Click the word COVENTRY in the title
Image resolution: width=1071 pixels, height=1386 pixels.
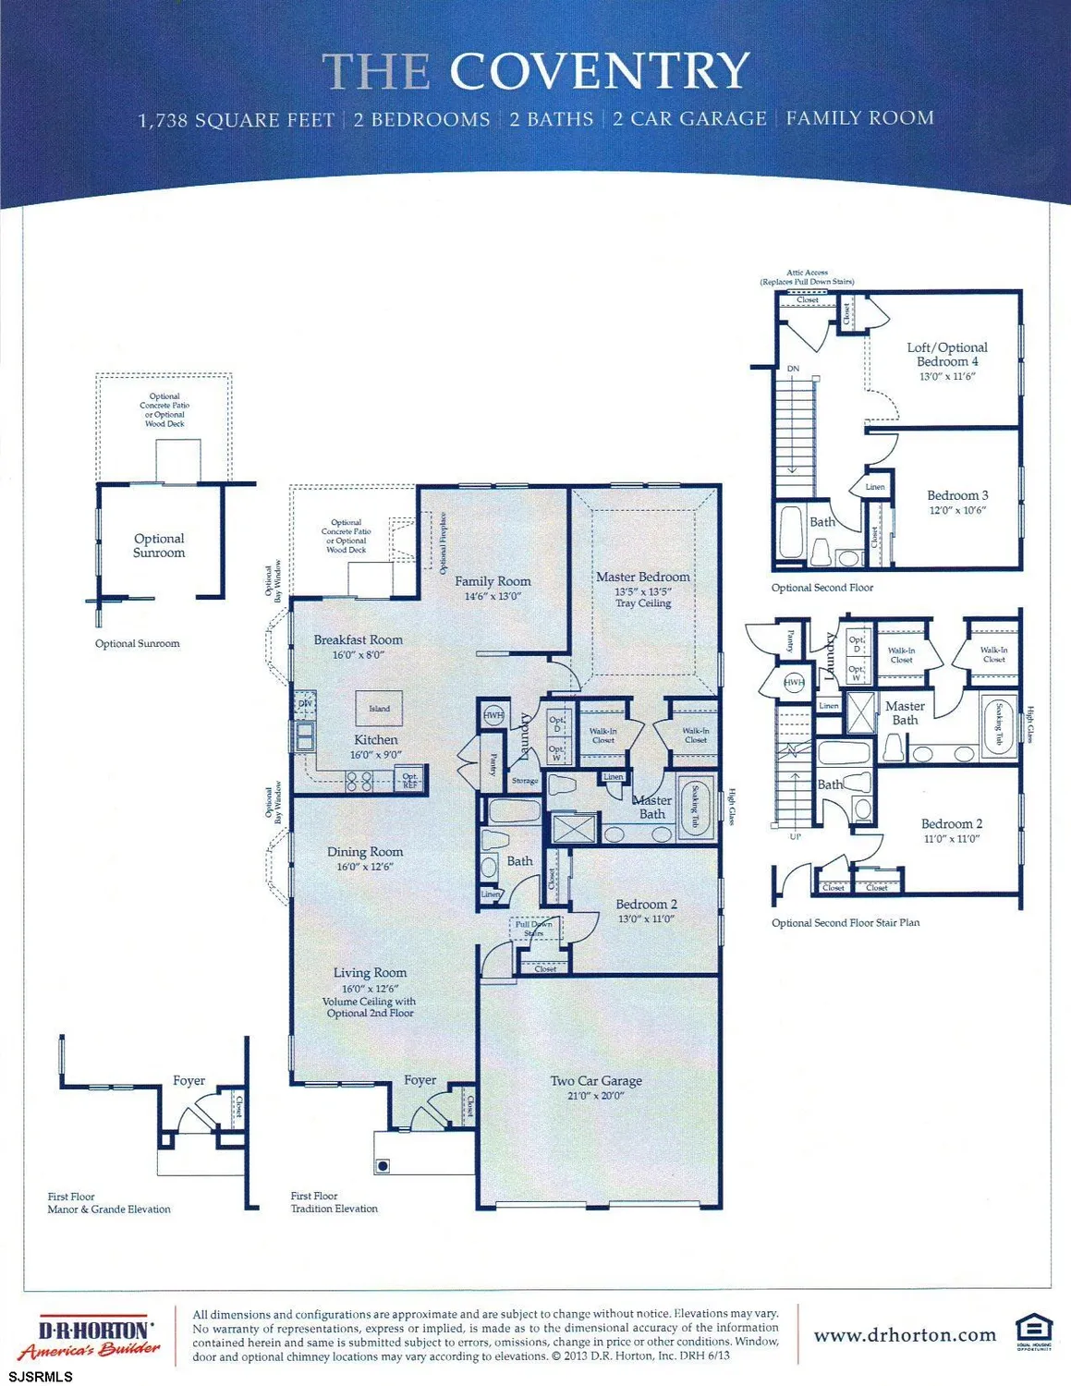click(x=599, y=71)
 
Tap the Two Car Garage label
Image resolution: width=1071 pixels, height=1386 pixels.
click(x=596, y=1080)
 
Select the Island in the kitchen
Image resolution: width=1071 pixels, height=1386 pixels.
click(x=379, y=709)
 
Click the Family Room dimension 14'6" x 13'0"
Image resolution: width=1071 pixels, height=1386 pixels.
click(x=493, y=596)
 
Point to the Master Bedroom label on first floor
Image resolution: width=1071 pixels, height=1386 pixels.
click(x=642, y=577)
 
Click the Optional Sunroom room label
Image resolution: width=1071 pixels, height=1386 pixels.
click(x=159, y=545)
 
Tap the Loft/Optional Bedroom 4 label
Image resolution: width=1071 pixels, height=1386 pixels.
click(x=947, y=354)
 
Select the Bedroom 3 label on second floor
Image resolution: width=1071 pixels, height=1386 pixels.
click(x=957, y=495)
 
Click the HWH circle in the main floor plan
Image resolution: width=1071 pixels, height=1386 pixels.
click(x=493, y=715)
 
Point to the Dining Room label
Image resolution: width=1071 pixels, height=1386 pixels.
click(x=365, y=852)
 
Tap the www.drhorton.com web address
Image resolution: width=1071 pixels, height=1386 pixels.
click(x=905, y=1335)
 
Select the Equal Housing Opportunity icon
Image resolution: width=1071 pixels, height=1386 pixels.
click(x=1033, y=1333)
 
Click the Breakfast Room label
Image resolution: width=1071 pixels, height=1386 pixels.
click(x=358, y=639)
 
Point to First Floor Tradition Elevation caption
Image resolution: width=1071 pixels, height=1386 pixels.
click(x=334, y=1202)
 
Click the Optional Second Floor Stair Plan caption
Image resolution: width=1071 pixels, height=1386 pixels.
click(x=845, y=922)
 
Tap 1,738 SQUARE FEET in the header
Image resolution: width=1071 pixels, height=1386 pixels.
click(x=236, y=120)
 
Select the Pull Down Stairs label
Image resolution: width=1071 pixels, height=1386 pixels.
click(x=534, y=928)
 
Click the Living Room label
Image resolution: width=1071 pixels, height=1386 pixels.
click(x=370, y=972)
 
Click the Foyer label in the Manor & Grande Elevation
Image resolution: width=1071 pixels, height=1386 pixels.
click(x=189, y=1080)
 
